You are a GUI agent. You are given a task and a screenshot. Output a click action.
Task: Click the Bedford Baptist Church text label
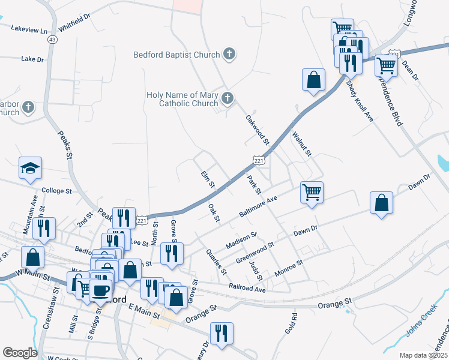176,55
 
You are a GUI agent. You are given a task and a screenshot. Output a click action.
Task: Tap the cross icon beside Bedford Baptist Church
228,55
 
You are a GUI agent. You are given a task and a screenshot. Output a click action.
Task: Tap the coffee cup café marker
100,291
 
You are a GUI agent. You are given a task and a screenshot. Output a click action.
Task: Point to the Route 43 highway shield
53,40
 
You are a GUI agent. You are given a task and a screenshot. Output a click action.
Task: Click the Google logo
20,353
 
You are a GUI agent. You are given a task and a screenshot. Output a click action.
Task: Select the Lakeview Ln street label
29,29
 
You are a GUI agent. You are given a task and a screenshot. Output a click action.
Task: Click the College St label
56,191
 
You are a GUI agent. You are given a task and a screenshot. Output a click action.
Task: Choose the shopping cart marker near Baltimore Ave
312,193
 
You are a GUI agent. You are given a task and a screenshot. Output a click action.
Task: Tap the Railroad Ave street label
247,289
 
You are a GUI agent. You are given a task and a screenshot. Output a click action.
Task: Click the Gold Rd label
291,325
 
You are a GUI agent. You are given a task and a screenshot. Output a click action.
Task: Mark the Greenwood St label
255,253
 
